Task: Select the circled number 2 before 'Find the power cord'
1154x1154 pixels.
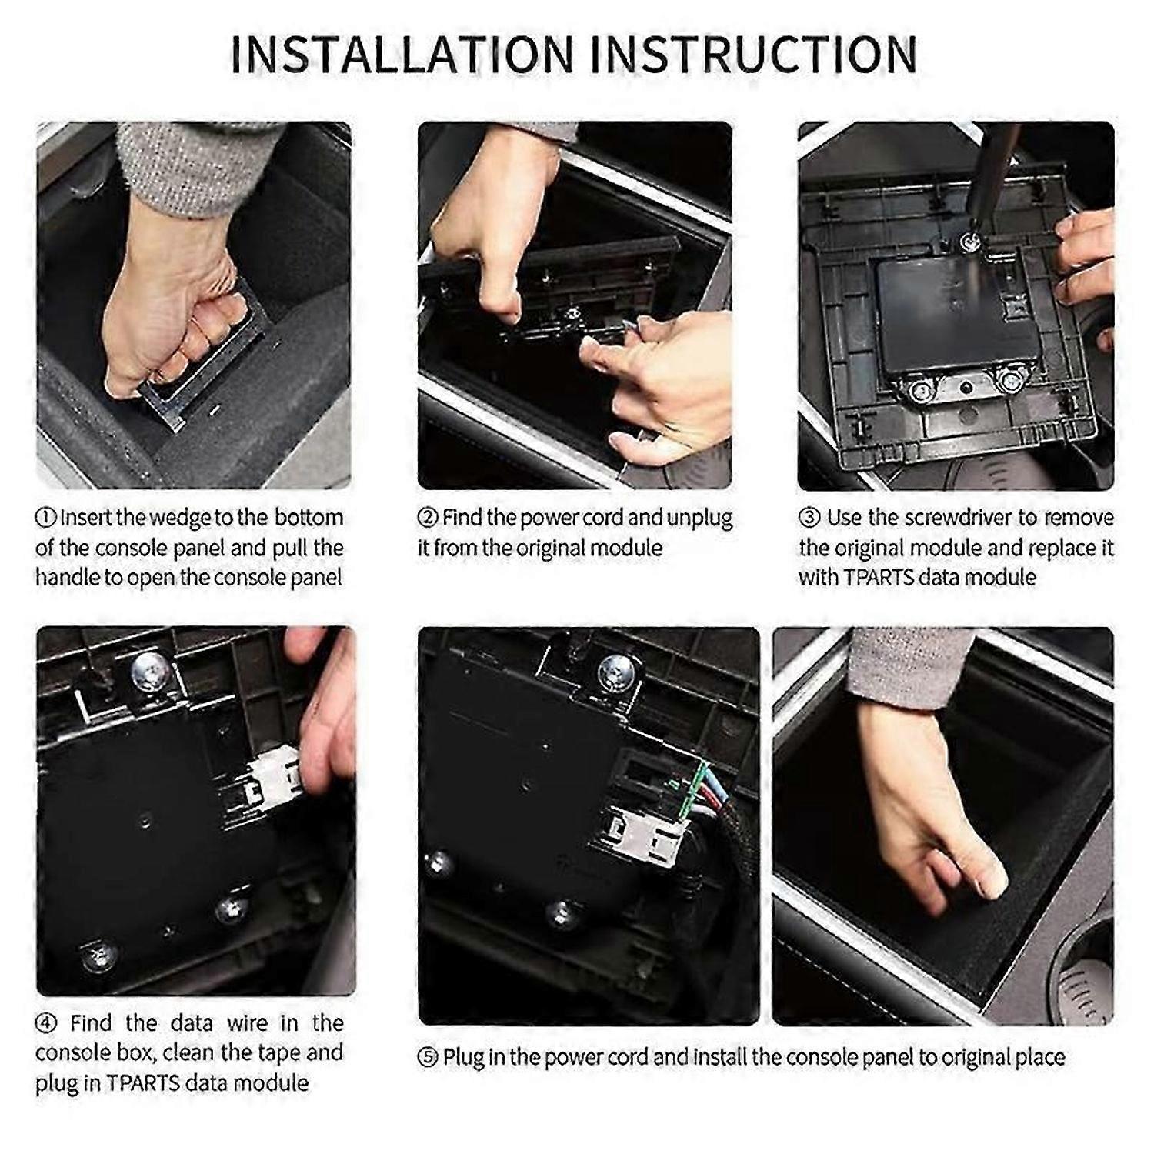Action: tap(428, 518)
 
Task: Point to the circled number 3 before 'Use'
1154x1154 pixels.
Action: tap(809, 518)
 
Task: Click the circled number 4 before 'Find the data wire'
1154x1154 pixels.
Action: tap(46, 1023)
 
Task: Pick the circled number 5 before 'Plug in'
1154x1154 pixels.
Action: tap(428, 1058)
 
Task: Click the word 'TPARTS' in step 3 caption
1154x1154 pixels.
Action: tap(887, 577)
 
